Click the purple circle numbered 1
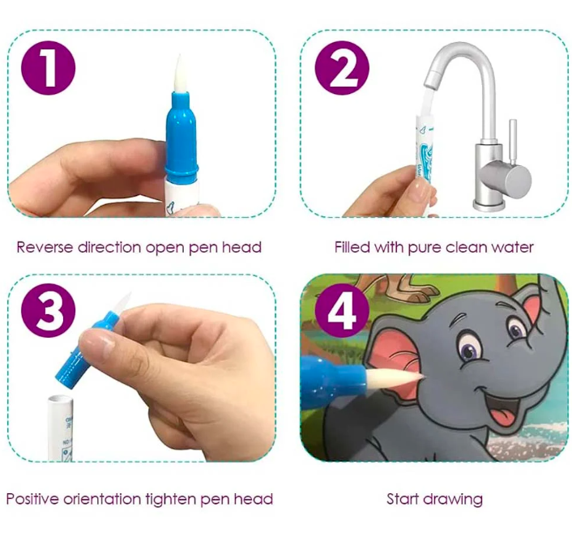pos(48,68)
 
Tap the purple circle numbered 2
pos(342,68)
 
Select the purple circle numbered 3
pos(48,311)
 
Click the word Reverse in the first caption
pos(45,247)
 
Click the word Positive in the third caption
pos(32,499)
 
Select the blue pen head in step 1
pos(181,134)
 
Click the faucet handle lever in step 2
pos(513,143)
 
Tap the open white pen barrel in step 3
pos(61,428)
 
